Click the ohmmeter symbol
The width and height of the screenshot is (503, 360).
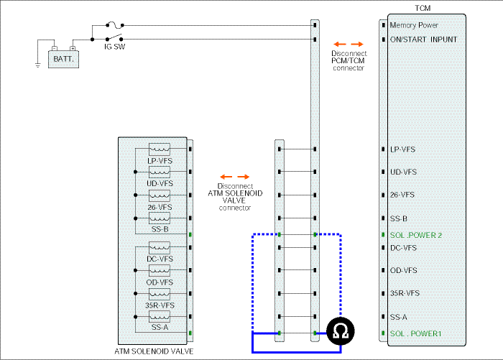point(341,331)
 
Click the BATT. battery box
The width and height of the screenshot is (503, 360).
point(63,59)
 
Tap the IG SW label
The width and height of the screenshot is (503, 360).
point(114,47)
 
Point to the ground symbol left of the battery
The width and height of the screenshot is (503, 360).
point(38,65)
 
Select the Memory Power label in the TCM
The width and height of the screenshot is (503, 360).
point(414,25)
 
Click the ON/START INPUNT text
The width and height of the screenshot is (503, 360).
point(423,40)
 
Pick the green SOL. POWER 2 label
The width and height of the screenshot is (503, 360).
point(416,235)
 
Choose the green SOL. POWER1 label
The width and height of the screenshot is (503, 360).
point(416,333)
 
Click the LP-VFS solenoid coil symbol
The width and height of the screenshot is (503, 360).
point(160,149)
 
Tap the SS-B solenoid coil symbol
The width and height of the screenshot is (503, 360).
point(160,218)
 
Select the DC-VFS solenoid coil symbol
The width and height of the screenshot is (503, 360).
point(160,248)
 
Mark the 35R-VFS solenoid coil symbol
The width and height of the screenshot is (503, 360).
point(160,294)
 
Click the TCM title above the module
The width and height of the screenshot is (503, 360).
point(423,8)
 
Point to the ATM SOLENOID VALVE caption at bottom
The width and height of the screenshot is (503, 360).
point(154,351)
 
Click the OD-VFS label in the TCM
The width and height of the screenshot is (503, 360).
point(404,270)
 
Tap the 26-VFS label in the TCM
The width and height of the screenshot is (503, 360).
point(402,195)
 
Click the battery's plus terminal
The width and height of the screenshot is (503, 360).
point(73,48)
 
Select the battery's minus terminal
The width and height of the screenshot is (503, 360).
point(55,48)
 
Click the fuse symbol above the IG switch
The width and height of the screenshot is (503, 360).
point(114,24)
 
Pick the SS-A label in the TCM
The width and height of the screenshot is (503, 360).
point(398,318)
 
